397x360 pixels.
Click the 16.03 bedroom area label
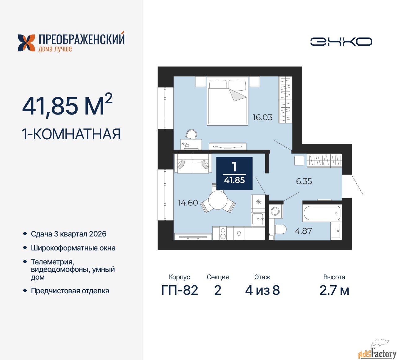(x=262, y=117)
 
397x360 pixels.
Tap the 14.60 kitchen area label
(x=187, y=203)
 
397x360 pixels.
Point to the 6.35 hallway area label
(x=304, y=181)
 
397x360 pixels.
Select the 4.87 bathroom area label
(x=303, y=231)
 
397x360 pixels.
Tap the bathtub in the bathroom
(x=322, y=213)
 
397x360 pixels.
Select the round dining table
(x=218, y=200)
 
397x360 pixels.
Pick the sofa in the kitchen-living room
(x=193, y=163)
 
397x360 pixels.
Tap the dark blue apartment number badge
(x=234, y=173)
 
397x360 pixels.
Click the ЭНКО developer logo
(x=341, y=42)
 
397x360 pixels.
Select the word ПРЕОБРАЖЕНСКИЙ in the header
(x=82, y=40)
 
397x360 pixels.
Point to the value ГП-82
(x=180, y=290)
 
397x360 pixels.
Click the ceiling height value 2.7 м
(x=334, y=290)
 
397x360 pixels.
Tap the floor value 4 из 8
(x=262, y=290)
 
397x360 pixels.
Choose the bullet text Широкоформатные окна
(x=73, y=248)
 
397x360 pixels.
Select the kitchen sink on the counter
(x=258, y=219)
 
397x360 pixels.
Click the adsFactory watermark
(x=377, y=353)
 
